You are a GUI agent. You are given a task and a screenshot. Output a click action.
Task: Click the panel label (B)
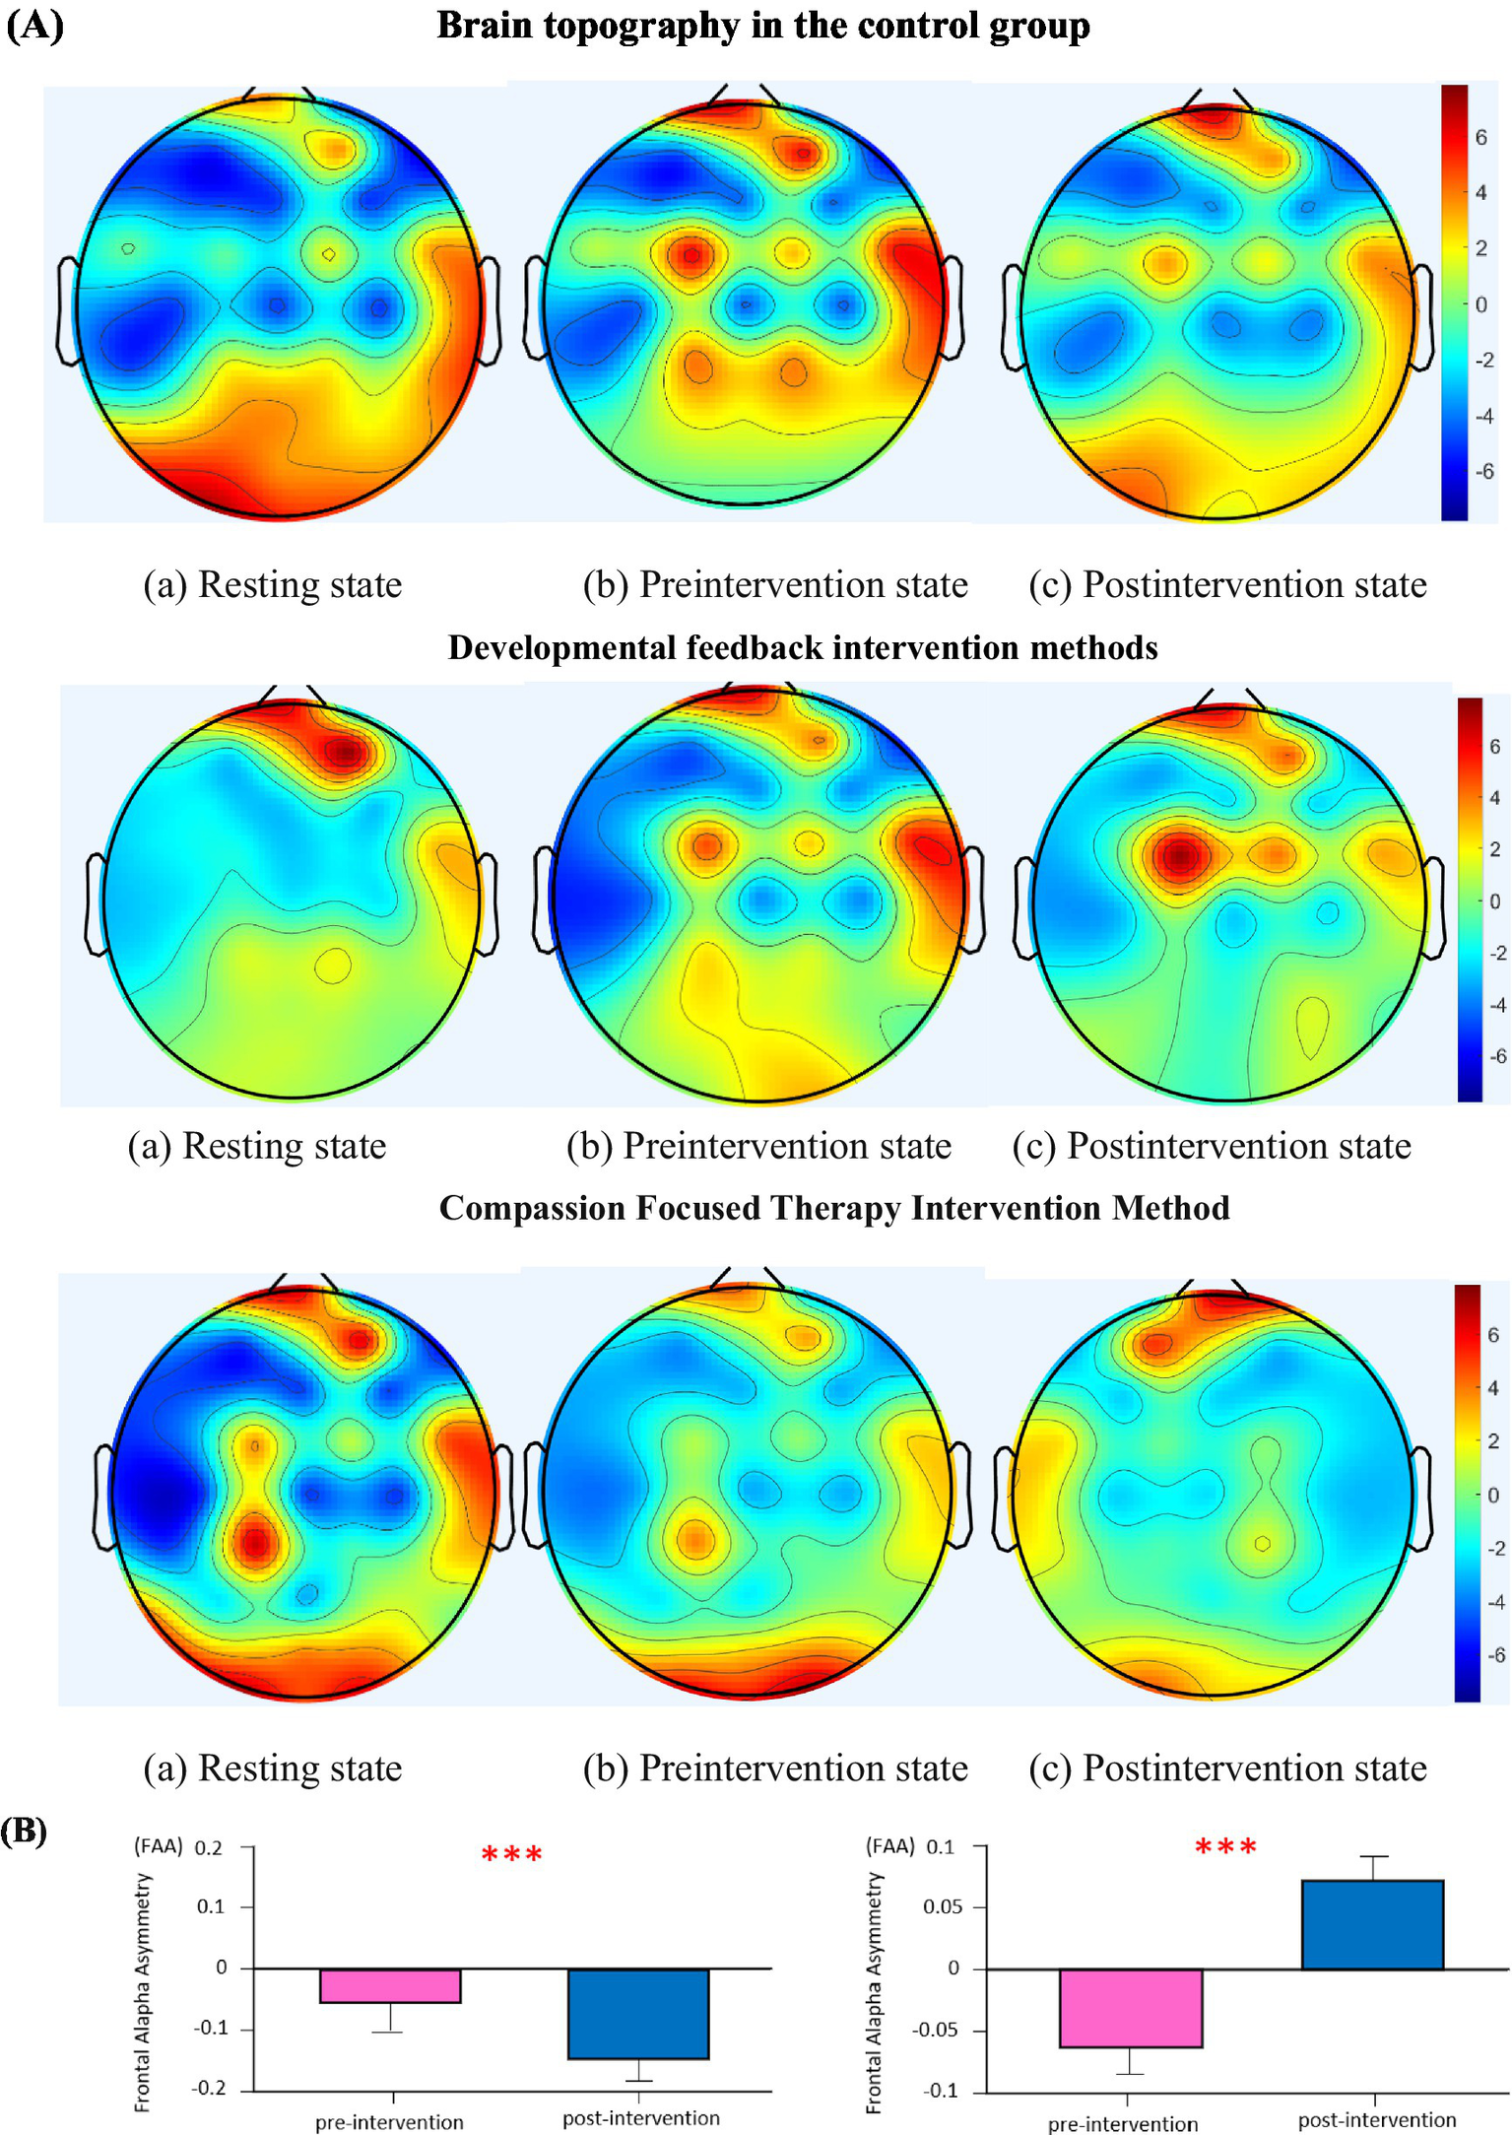24,1832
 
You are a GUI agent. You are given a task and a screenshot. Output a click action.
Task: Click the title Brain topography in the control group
763,27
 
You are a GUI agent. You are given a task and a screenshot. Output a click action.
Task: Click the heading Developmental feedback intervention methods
803,648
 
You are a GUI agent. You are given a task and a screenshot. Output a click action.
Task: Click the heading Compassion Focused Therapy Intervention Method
834,1208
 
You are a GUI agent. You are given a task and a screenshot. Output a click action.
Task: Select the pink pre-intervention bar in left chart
390,1986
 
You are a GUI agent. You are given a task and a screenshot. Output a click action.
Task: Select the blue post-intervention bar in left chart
638,2014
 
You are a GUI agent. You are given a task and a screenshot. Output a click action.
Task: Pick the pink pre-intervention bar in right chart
1131,2008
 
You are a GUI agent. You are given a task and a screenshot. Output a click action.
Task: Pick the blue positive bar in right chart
1372,1925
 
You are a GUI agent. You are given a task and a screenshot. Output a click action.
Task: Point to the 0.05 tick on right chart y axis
943,1907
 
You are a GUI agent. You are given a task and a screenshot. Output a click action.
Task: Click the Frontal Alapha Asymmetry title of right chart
874,1993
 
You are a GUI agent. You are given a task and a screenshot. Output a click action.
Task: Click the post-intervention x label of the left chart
640,2118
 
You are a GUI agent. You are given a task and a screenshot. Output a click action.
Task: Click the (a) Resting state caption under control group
273,584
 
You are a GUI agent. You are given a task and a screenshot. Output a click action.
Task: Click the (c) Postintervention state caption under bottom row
1227,1768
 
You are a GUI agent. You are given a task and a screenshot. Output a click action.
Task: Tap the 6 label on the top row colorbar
1480,138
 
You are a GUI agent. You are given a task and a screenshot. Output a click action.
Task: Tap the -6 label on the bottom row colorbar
1494,1655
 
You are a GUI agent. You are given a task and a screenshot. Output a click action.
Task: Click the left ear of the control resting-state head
67,310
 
